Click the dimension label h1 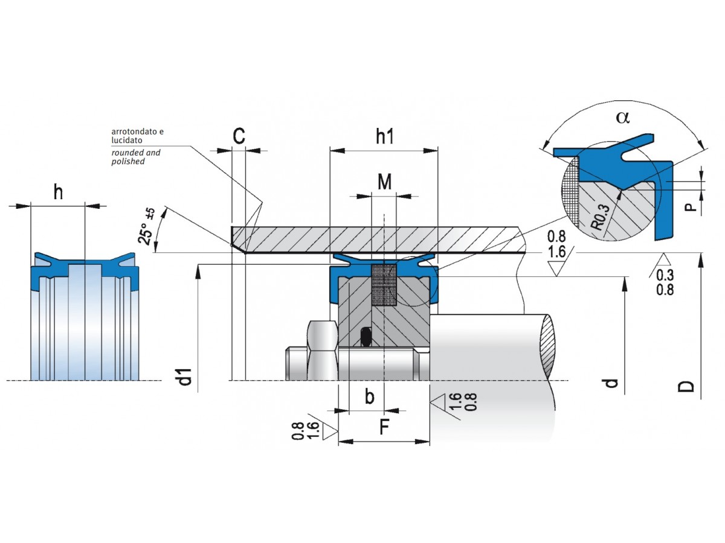pos(384,137)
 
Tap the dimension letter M pos(384,181)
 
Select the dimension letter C pos(239,137)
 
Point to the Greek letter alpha pos(622,118)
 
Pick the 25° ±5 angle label pos(147,227)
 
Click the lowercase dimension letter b pos(370,397)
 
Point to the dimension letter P pos(692,208)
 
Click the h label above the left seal pos(58,192)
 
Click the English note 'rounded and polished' pos(135,157)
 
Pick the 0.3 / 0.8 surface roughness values pos(666,282)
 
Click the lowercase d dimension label pos(612,383)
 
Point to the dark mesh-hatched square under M pos(384,285)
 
